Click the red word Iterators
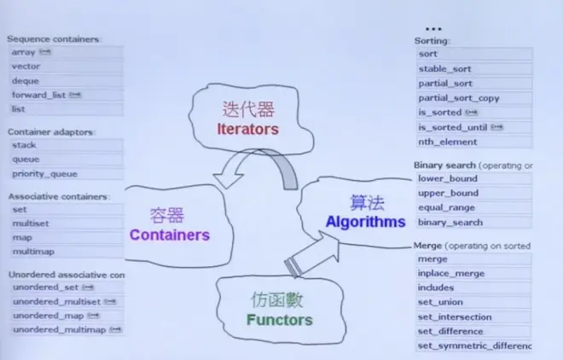coord(248,130)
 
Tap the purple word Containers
coord(169,234)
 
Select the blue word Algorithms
coord(365,222)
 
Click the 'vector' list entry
coord(26,67)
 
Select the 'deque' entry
coord(26,81)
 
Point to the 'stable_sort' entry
coord(444,69)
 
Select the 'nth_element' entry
coord(446,142)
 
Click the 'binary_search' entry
coord(450,222)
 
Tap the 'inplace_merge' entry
coord(451,273)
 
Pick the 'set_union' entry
coord(438,302)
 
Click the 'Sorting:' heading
coord(432,41)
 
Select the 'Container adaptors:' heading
coord(51,132)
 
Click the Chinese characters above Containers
coord(165,215)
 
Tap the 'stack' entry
coord(24,145)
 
